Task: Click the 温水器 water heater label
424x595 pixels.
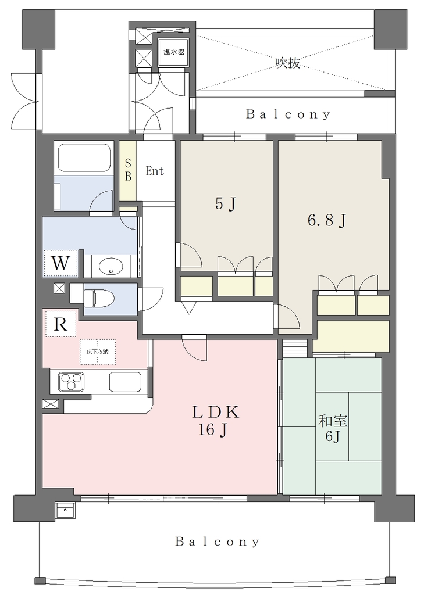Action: [x=174, y=52]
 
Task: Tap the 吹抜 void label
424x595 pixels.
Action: [x=287, y=63]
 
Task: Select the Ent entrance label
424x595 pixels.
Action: [x=155, y=171]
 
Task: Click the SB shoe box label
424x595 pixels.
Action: [x=128, y=170]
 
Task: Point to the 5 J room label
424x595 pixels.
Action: [x=226, y=204]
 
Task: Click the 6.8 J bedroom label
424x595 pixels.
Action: [x=326, y=220]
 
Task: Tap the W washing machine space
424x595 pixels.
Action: [x=60, y=263]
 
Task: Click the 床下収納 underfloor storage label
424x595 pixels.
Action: [x=98, y=352]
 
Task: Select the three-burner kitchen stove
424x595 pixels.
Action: [x=71, y=382]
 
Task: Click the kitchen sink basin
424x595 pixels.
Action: [x=126, y=382]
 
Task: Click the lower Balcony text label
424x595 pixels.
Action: [x=218, y=542]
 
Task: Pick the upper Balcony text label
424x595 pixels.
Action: [x=288, y=114]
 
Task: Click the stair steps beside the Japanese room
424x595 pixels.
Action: [x=295, y=348]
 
